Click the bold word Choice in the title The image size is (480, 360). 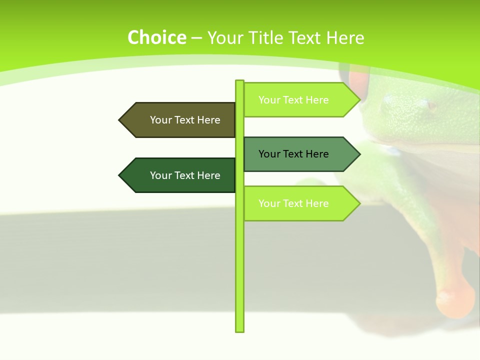click(x=156, y=38)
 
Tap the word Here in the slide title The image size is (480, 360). click(x=345, y=38)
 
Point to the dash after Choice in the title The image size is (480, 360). click(x=196, y=38)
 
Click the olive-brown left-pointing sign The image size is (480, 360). click(x=180, y=120)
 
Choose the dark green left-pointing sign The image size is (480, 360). click(x=180, y=175)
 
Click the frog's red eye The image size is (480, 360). click(x=358, y=80)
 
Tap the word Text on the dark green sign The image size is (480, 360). click(x=184, y=175)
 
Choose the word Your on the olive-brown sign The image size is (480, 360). click(x=160, y=120)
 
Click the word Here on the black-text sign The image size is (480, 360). click(x=317, y=154)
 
